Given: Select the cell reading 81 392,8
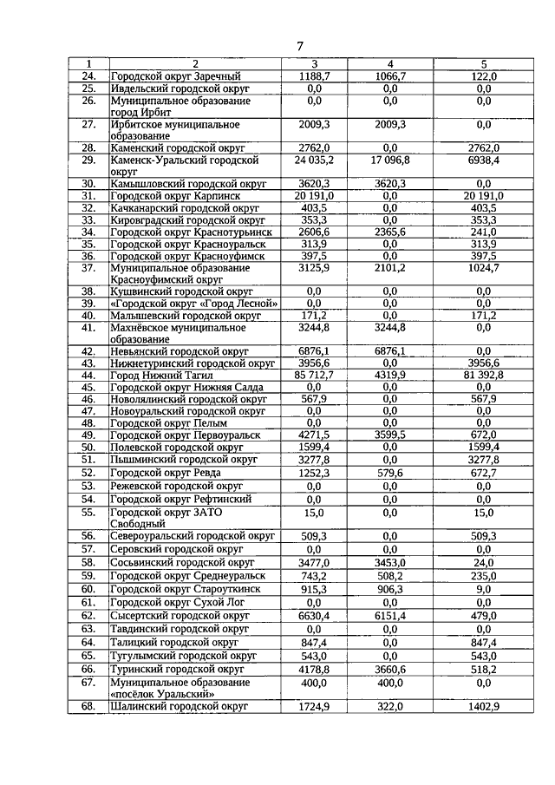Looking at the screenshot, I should point(484,374).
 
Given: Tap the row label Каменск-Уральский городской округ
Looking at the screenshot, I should point(185,166).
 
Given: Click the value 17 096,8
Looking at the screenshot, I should point(390,160).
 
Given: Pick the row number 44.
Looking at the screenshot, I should point(88,374).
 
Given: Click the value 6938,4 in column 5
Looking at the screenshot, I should point(484,160).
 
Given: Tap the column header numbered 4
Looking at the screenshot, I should point(390,64).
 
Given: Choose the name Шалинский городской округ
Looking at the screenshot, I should point(180,707).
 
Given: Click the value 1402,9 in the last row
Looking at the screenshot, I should point(484,708).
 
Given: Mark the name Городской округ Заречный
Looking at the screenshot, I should point(174,76).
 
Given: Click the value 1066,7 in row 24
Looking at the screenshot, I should point(390,76).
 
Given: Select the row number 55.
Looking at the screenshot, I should point(88,513).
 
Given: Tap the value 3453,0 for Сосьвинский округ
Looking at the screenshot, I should point(390,563).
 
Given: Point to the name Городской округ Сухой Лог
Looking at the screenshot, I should point(167,602).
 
